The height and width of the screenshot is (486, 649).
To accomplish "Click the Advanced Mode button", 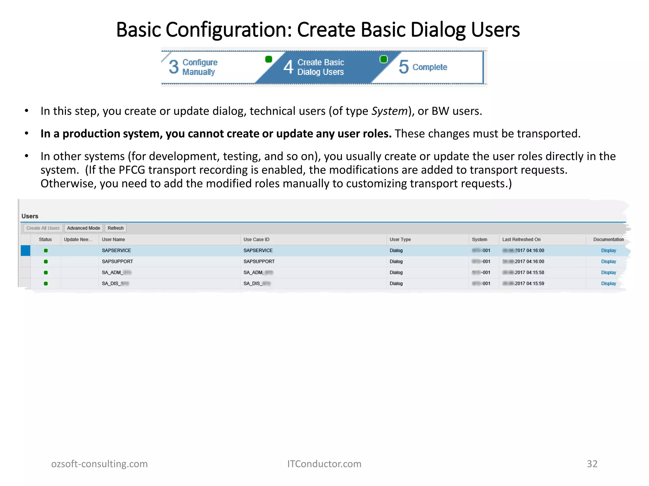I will click(83, 228).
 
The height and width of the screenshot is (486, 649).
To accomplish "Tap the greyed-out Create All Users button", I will click(43, 228).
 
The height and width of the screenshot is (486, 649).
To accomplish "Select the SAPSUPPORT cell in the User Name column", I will click(117, 261).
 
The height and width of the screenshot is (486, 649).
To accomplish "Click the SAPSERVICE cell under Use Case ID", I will click(258, 250).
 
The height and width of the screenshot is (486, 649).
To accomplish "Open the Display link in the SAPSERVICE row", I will click(608, 250).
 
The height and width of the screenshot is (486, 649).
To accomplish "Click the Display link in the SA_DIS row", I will click(608, 283).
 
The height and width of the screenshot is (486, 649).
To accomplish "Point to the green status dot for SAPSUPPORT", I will click(46, 262).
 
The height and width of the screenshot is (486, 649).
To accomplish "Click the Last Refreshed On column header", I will click(521, 240).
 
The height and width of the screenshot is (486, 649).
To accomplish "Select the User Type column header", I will click(400, 240).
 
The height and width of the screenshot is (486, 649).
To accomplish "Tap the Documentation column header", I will click(608, 240).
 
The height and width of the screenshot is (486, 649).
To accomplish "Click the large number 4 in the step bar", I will click(288, 67).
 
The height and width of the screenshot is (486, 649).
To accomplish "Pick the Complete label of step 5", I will click(430, 67).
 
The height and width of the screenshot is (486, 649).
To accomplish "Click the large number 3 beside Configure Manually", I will click(174, 67).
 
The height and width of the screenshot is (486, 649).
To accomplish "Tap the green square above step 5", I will click(383, 59).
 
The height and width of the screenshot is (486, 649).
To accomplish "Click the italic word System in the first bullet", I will click(389, 111).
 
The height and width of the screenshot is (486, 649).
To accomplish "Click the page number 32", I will click(592, 464).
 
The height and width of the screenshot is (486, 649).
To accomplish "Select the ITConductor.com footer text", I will click(324, 464).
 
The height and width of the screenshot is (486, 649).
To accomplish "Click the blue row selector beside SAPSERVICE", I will click(25, 250).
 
